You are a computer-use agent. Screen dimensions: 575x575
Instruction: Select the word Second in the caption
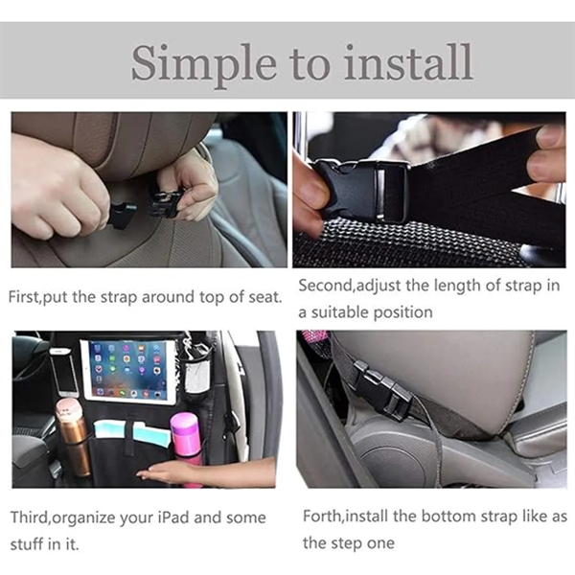point(325,286)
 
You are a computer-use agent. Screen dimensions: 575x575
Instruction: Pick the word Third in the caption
point(29,518)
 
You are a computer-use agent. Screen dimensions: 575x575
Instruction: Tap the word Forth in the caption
point(320,517)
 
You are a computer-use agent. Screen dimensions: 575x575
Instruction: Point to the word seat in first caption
point(265,296)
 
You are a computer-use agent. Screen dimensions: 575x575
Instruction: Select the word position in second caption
point(406,312)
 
